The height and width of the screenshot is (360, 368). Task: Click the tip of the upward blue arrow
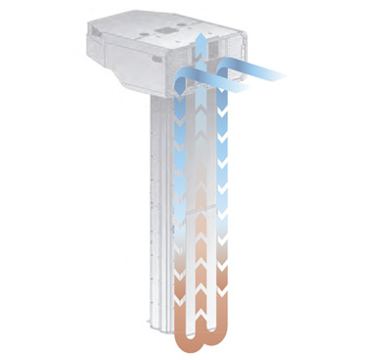[200, 33]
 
